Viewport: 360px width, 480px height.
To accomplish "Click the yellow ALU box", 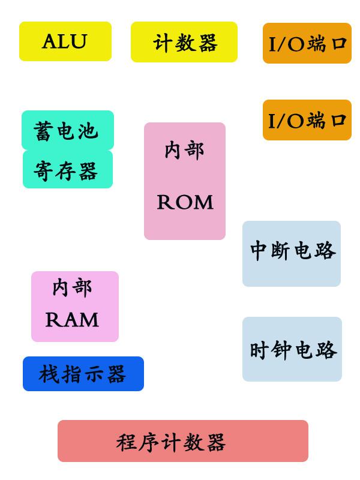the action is (65, 41).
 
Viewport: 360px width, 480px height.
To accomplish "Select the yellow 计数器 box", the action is (184, 42).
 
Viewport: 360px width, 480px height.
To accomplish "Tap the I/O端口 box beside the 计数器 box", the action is (307, 43).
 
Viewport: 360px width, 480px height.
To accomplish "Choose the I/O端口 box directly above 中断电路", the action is (307, 120).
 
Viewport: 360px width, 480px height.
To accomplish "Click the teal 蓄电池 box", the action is (67, 130).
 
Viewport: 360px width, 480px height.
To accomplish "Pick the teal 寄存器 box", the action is (67, 170).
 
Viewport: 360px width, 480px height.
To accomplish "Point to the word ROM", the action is (185, 203).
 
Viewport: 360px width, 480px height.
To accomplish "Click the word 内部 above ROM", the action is (184, 150).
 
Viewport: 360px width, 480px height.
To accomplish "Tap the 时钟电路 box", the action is (292, 349).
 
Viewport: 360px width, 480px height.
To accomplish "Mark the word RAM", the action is (73, 320).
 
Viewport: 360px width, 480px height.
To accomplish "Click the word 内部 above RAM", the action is (73, 287).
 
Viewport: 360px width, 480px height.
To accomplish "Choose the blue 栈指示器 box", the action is (83, 374).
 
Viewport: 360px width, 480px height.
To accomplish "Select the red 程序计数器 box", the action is (182, 441).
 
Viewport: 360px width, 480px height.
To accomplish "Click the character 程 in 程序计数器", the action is (127, 443).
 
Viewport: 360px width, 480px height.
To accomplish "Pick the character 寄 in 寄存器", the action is (44, 171).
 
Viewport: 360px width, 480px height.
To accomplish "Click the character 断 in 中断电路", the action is (281, 250).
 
